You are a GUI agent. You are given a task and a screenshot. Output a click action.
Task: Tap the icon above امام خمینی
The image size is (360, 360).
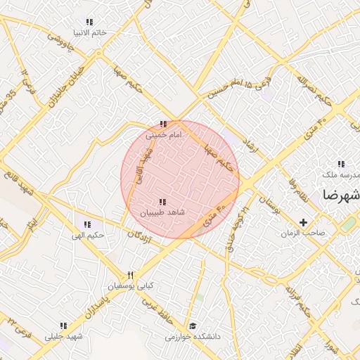[x=163, y=124]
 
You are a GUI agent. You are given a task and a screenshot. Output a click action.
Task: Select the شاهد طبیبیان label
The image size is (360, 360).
[x=162, y=212]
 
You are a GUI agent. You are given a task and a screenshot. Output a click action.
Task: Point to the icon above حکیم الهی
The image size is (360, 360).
[x=87, y=224]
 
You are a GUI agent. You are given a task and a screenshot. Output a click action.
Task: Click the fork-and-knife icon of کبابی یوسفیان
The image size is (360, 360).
[x=130, y=275]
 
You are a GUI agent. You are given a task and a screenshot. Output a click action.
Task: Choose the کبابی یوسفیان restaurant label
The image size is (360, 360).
[x=130, y=286]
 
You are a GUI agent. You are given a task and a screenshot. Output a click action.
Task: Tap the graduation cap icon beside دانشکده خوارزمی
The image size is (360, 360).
[x=193, y=326]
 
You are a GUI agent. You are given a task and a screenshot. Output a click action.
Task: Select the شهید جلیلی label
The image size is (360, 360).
[x=63, y=336]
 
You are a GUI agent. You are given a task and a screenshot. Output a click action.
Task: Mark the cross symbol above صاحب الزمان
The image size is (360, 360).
[x=303, y=222]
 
